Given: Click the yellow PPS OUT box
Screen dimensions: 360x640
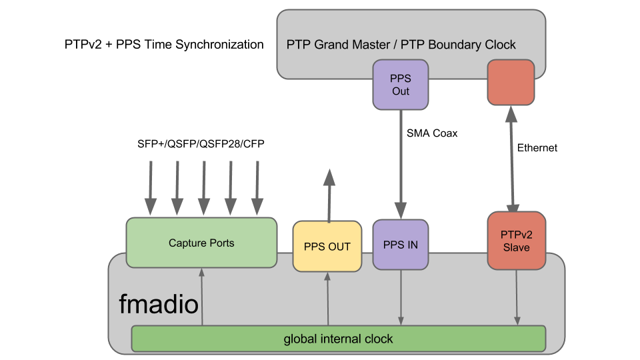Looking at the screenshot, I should [327, 247].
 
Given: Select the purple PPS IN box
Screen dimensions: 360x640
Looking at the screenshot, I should [400, 245].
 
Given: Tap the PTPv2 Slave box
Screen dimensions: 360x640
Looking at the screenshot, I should [517, 241].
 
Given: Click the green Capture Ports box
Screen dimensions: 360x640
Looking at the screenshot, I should [201, 243].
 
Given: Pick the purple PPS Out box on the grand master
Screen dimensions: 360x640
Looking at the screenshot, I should [400, 84].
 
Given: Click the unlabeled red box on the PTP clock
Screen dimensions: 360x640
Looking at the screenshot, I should [511, 83].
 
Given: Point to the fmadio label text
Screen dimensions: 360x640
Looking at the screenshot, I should [159, 305].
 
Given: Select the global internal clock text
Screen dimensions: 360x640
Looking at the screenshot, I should [338, 339].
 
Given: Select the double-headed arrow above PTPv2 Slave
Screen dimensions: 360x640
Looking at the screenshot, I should [512, 159].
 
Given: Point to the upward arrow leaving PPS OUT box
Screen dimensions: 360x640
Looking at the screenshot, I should [329, 196].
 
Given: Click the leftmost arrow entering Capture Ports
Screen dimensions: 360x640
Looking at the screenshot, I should [151, 188].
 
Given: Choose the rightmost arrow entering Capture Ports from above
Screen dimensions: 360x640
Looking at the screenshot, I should [257, 188].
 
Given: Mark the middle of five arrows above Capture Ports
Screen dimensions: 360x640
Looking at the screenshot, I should [204, 188].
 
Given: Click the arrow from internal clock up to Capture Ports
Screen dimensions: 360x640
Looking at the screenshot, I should [201, 297].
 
